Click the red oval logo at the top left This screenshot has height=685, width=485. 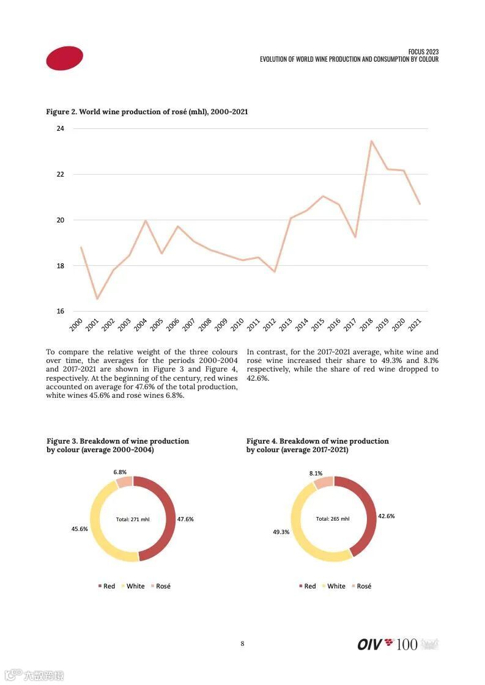(x=64, y=58)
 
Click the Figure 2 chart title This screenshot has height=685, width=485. (x=147, y=112)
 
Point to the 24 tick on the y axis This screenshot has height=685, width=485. (x=61, y=128)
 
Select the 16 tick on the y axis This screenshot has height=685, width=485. (x=61, y=312)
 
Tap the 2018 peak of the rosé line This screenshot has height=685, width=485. (x=371, y=141)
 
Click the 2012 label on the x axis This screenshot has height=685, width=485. (x=270, y=325)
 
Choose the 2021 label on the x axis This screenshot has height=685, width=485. (x=415, y=325)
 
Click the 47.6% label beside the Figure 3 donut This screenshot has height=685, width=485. (x=185, y=519)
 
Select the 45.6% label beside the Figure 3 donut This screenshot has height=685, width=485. (x=80, y=529)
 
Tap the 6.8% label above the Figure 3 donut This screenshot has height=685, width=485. (x=120, y=472)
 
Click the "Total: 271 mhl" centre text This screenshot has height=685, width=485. (x=133, y=519)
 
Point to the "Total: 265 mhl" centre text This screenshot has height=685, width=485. (x=333, y=519)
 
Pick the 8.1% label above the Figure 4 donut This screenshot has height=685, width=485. (x=316, y=473)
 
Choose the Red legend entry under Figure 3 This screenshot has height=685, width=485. (x=106, y=586)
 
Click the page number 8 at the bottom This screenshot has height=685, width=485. (x=242, y=643)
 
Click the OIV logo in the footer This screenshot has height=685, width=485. (x=376, y=644)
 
